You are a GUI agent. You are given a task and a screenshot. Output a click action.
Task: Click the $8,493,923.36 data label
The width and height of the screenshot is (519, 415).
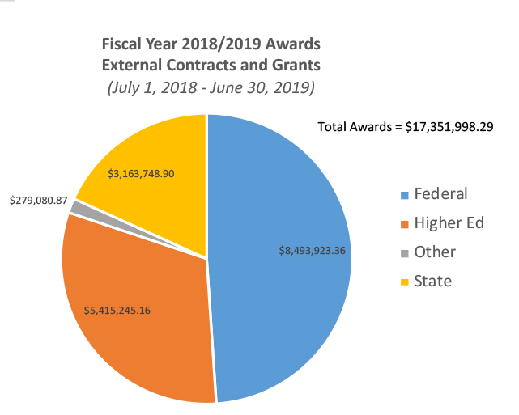coord(308,251)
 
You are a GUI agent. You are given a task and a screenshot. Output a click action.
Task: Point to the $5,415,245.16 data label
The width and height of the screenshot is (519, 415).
coord(122,308)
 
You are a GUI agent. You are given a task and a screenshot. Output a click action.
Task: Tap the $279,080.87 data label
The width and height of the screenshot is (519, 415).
coord(38,199)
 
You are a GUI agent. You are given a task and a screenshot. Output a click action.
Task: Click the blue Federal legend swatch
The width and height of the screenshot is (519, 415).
coord(403,195)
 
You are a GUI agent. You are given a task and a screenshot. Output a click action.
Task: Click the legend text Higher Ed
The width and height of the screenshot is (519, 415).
coord(449,223)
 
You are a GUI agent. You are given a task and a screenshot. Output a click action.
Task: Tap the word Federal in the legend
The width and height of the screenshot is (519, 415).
coord(441,194)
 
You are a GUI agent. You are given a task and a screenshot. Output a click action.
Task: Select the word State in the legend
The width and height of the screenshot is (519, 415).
coord(432,282)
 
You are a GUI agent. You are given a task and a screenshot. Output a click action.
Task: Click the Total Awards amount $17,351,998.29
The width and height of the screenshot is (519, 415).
coord(450,127)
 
